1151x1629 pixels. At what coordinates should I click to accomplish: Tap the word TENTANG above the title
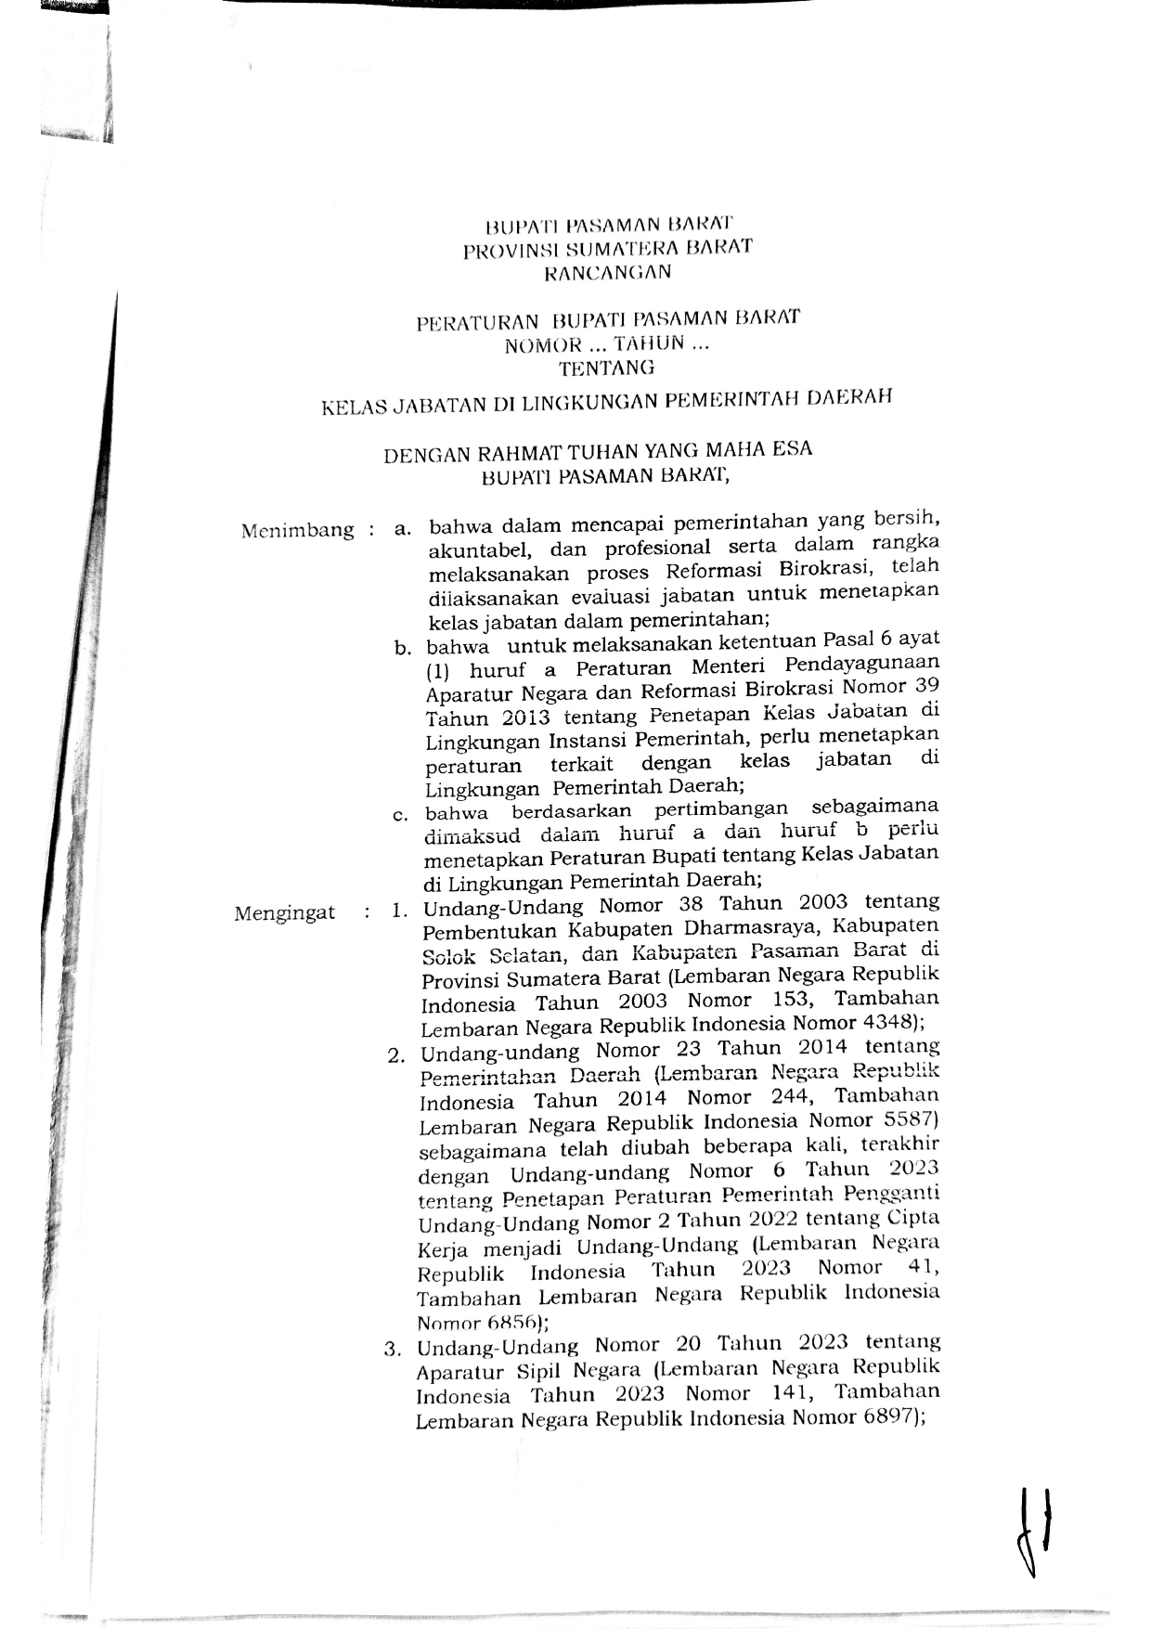tap(606, 368)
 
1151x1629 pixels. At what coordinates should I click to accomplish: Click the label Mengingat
tap(284, 912)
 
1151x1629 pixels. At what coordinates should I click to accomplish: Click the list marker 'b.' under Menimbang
tap(402, 648)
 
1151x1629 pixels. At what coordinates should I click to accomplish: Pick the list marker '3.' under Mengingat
tap(393, 1349)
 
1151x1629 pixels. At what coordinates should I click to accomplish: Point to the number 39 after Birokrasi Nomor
tap(925, 685)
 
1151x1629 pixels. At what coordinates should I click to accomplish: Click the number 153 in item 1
tap(791, 1000)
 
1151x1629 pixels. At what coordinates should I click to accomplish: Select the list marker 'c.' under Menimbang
tap(401, 816)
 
